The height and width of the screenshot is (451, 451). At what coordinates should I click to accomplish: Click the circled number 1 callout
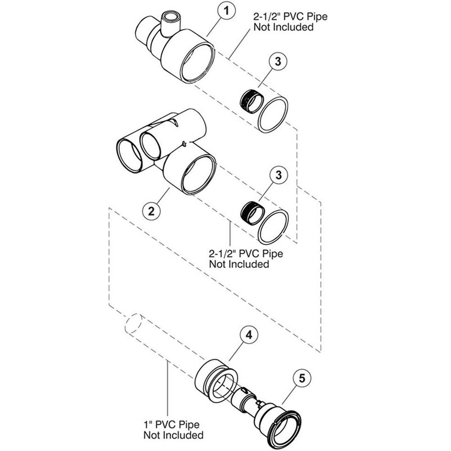click(x=226, y=11)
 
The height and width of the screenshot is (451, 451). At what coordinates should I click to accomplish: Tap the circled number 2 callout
click(x=151, y=211)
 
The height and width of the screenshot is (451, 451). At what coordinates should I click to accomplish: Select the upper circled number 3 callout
click(x=278, y=61)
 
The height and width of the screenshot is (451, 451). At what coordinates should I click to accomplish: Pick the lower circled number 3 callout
click(x=278, y=175)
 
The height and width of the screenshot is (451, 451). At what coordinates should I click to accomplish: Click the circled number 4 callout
click(x=249, y=335)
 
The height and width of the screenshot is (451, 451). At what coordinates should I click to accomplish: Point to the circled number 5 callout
click(x=302, y=378)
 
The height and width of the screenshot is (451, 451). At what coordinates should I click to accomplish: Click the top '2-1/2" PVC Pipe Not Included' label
click(x=290, y=22)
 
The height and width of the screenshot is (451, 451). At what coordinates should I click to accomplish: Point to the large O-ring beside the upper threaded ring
click(x=273, y=114)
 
